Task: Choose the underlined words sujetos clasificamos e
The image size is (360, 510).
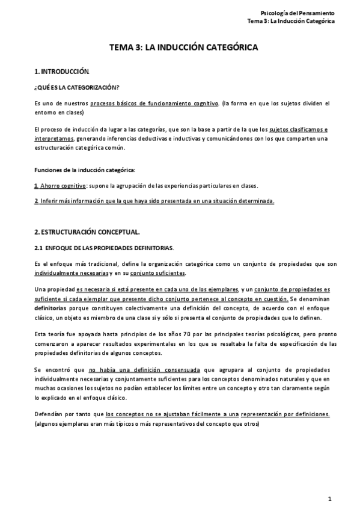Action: [x=298, y=129]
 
